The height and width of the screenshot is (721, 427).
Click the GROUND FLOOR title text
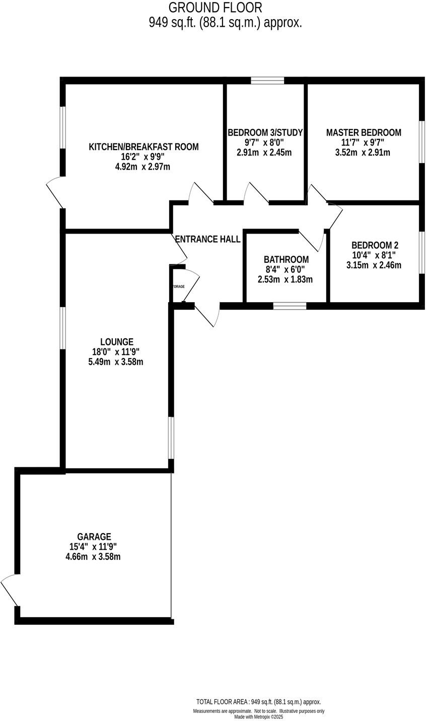(215, 8)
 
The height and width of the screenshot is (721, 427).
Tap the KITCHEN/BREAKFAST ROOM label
(144, 147)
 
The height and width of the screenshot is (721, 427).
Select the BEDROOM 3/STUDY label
(265, 133)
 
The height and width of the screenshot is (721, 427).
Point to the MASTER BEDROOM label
(364, 133)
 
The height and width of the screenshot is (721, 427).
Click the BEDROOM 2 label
(375, 246)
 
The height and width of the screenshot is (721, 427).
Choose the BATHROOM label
(286, 260)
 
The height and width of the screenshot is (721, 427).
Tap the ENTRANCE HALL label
(207, 240)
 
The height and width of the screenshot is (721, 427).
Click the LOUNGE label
(116, 342)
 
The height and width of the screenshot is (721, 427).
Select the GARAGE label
(94, 537)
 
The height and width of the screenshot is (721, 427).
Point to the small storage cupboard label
(178, 286)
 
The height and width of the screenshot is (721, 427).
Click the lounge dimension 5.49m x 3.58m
(116, 362)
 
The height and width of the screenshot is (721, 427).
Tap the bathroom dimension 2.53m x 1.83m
(286, 279)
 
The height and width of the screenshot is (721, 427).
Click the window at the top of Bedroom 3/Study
(267, 80)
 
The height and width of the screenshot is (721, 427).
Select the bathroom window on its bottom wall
(290, 306)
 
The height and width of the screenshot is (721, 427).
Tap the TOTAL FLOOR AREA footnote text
(258, 702)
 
